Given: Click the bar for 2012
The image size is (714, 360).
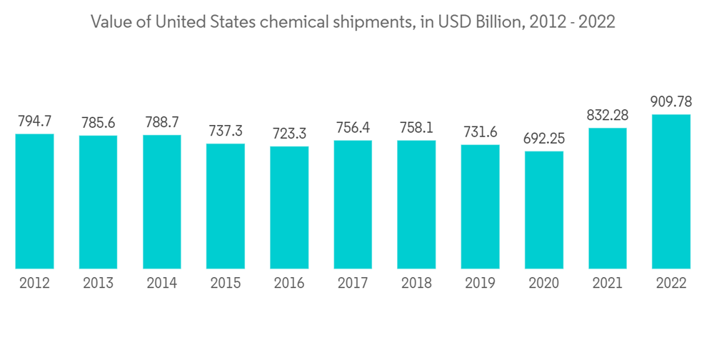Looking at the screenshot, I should click(35, 201).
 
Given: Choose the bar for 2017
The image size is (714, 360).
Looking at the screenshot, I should click(353, 204).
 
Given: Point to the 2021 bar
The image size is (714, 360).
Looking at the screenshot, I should click(608, 198).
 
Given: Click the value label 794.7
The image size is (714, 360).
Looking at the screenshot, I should click(35, 121).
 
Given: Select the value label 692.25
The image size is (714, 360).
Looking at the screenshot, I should click(544, 139).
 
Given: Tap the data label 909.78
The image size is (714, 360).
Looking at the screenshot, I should click(671, 102).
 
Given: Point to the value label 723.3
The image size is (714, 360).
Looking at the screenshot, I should click(289, 134).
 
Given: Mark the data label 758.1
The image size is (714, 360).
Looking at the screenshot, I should click(416, 128).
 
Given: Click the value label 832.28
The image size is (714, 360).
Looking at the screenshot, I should click(608, 116).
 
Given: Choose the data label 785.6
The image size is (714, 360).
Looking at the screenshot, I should click(99, 123).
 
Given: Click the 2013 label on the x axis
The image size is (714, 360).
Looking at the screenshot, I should click(99, 284).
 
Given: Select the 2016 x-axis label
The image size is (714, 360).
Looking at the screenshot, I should click(289, 284).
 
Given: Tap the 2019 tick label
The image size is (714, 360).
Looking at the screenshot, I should click(480, 284).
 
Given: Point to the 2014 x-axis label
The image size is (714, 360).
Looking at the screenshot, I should click(162, 284).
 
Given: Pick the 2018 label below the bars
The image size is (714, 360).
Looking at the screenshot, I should click(416, 284).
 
